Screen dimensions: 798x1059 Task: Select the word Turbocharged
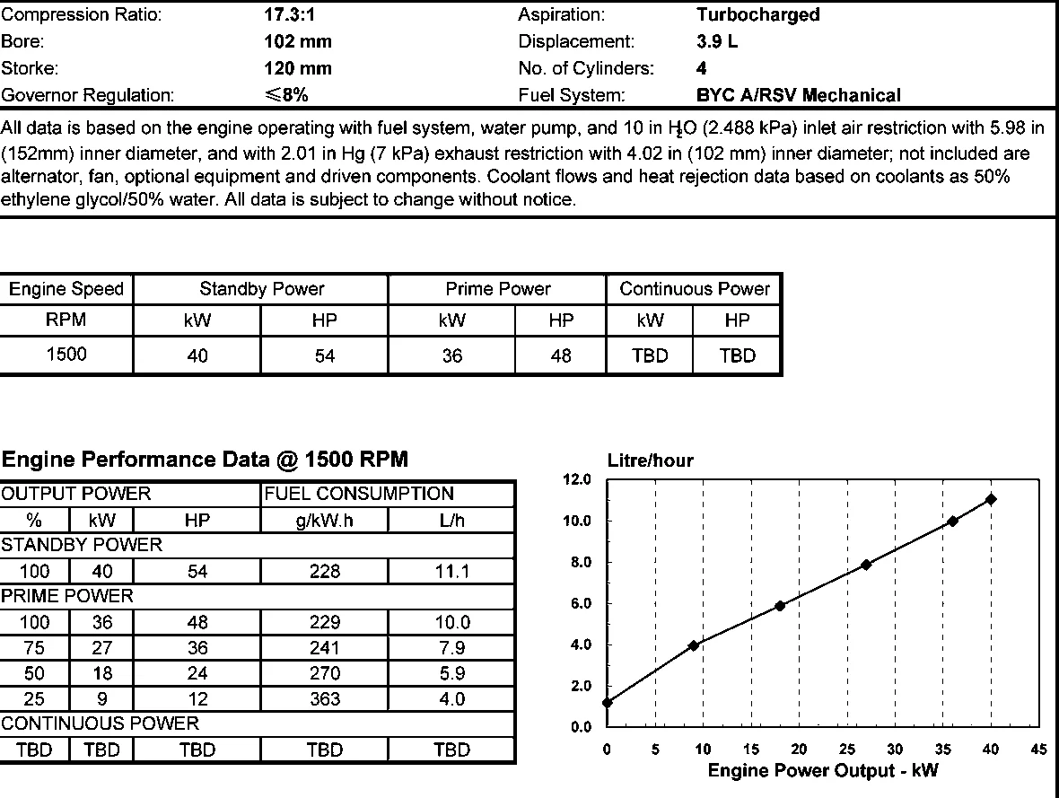click(x=757, y=14)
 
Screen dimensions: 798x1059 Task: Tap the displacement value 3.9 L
click(x=716, y=41)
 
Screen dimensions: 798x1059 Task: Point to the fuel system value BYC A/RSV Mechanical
click(x=798, y=95)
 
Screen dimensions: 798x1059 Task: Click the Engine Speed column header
click(x=66, y=289)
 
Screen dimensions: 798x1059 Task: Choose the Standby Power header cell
click(x=261, y=289)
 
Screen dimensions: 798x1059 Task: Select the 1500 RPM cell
click(x=66, y=355)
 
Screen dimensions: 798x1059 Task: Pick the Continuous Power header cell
click(x=695, y=289)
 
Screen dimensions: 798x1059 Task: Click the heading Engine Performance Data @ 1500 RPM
click(x=205, y=460)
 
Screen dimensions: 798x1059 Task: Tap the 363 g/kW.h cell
click(x=324, y=699)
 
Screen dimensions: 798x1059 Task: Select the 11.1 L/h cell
click(x=451, y=571)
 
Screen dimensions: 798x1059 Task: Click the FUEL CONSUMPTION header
click(x=360, y=494)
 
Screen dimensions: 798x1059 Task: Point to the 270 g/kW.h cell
click(x=324, y=673)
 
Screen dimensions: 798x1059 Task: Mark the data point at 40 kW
click(x=991, y=499)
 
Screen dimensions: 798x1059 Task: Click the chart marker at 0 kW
click(x=608, y=703)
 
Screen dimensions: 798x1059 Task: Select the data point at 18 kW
click(x=780, y=606)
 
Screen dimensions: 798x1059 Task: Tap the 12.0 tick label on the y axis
click(x=576, y=479)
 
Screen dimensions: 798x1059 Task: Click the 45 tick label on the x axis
click(x=1038, y=750)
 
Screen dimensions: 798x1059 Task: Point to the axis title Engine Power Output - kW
click(x=822, y=771)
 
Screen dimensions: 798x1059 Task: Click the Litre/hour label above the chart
click(x=650, y=460)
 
